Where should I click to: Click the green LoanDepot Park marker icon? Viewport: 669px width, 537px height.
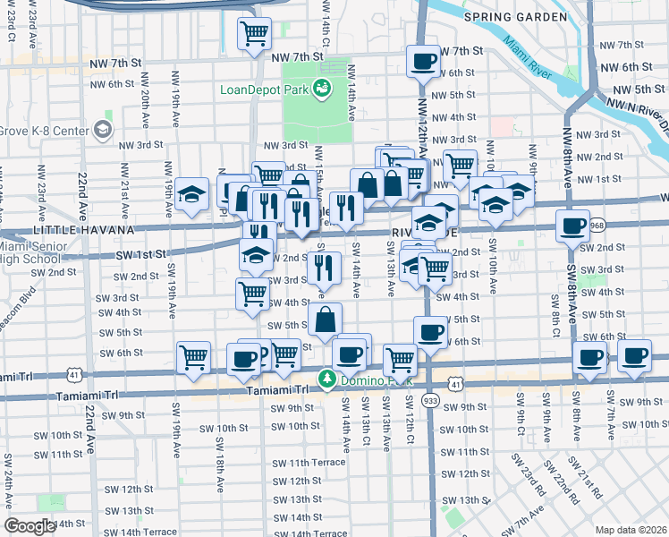[320, 89]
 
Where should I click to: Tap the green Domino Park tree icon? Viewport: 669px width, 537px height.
[327, 380]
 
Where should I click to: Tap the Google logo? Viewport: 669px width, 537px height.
[30, 526]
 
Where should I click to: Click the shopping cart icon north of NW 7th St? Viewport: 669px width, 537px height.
[254, 34]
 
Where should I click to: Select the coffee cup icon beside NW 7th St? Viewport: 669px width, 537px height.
[422, 61]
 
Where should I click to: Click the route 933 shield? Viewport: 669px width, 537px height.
[430, 400]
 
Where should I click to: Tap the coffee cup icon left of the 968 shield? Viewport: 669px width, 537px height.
[572, 226]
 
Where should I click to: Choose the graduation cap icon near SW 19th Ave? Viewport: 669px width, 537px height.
[191, 193]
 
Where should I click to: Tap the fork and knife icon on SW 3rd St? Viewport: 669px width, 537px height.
[324, 267]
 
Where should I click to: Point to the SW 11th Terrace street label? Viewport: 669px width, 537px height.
[297, 462]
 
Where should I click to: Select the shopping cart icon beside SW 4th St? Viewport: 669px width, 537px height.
[252, 293]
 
